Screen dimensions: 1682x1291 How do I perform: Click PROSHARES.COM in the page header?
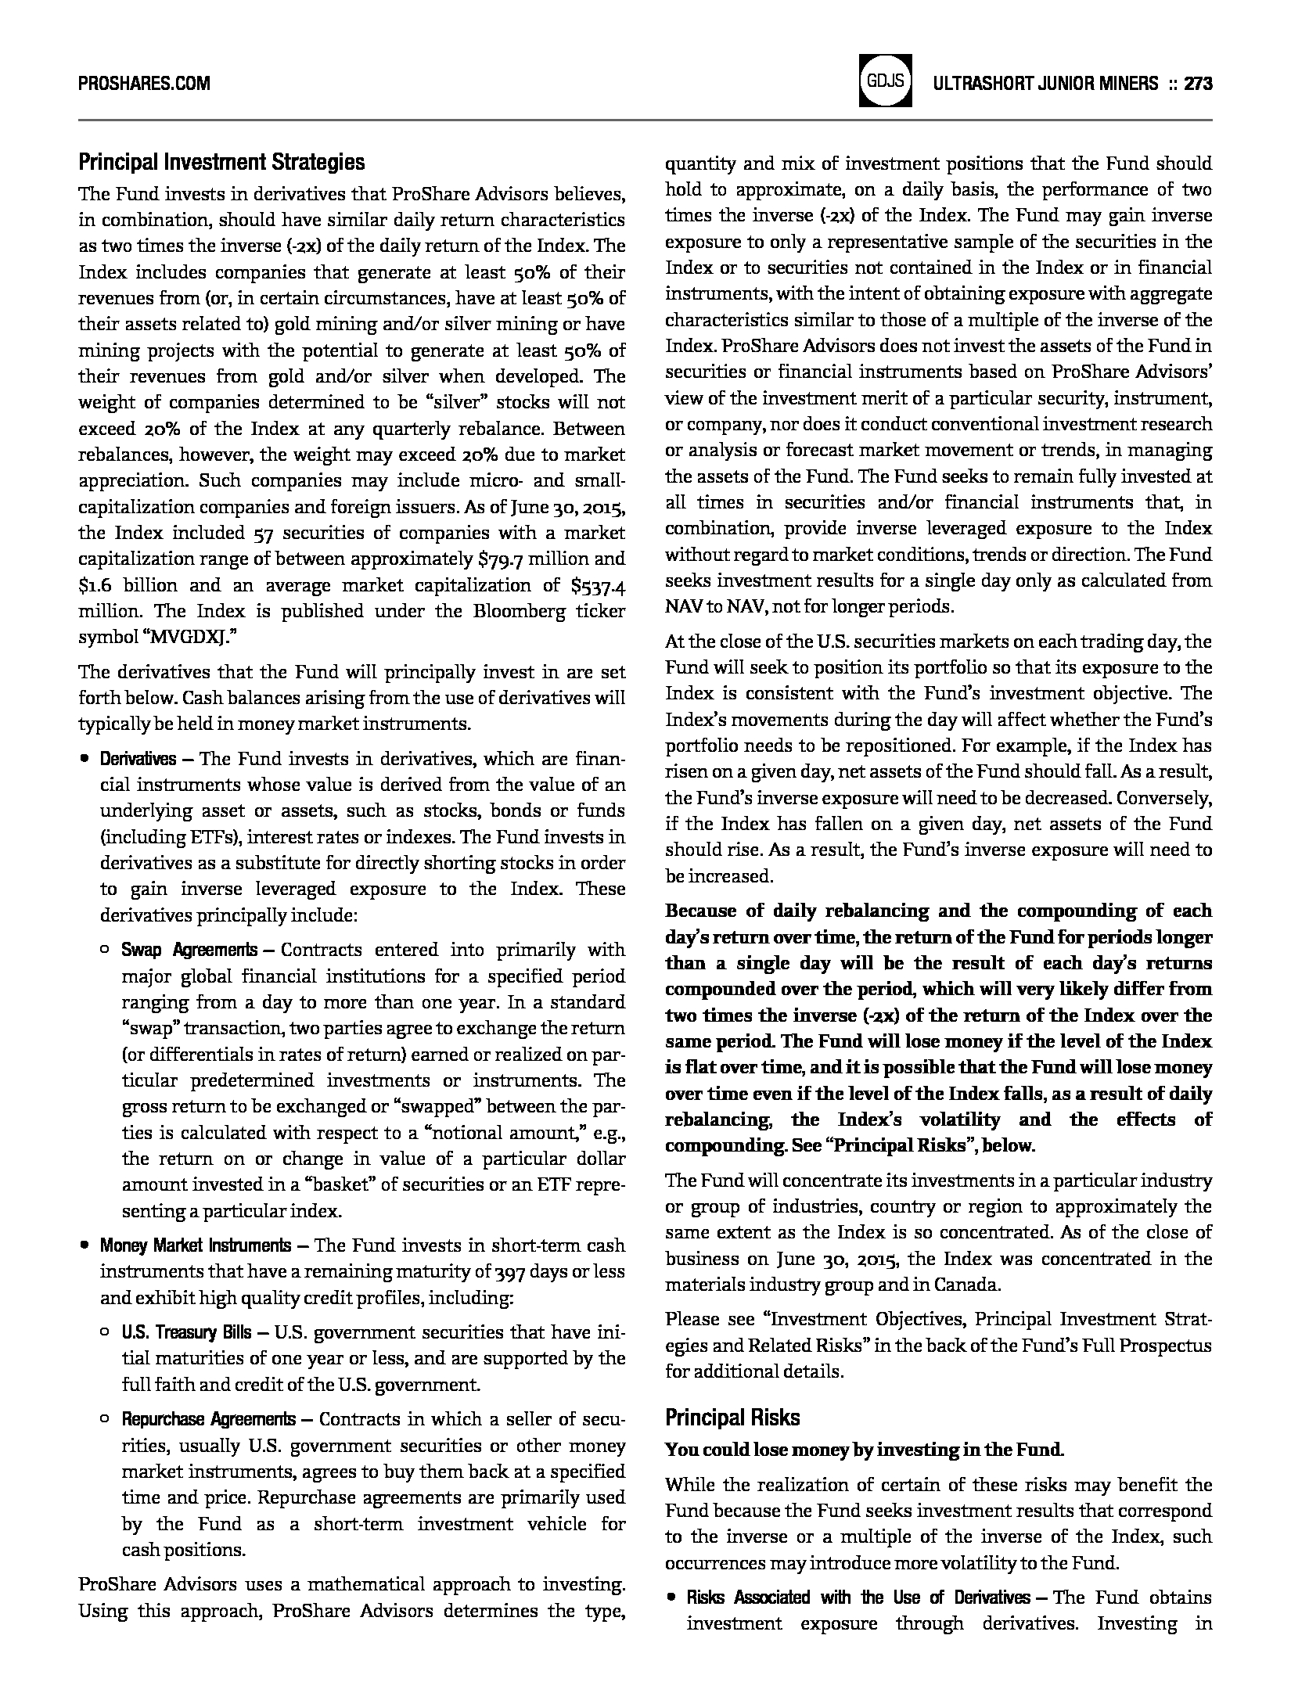click(144, 83)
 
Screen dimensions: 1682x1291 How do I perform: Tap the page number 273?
click(1198, 83)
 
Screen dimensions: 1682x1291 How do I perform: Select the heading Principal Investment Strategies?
click(221, 163)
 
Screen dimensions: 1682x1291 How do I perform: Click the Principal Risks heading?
click(732, 1418)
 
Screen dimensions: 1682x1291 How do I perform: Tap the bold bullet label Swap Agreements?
click(189, 950)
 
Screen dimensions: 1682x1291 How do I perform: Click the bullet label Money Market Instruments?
click(196, 1245)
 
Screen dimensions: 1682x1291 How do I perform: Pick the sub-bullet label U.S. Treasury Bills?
click(186, 1332)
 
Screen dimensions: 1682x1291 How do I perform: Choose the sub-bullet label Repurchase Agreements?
click(208, 1418)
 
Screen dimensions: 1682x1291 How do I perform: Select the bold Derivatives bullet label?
click(138, 759)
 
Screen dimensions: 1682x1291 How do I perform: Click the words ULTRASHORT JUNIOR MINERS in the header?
click(1045, 83)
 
